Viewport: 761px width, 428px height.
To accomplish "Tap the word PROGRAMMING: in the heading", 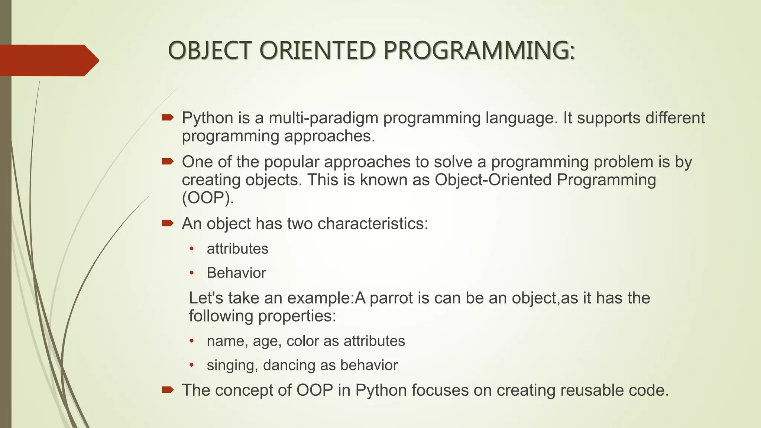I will point(479,51).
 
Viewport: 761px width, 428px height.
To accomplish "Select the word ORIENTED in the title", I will point(317,51).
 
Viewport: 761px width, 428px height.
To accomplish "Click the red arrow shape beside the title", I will point(48,60).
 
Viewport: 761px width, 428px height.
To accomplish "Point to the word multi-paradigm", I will point(323,118).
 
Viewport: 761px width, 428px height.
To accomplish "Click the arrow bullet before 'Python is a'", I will point(168,118).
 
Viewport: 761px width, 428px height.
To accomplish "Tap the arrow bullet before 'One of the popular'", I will point(168,161).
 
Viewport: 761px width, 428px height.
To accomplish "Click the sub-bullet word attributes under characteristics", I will point(237,249).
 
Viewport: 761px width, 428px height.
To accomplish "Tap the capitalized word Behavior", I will point(236,273).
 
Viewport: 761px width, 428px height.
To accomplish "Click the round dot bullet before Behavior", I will point(192,273).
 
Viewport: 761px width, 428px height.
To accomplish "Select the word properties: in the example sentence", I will point(297,316).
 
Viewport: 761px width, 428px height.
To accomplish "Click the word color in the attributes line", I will point(302,341).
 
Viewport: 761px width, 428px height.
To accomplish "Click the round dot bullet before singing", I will point(192,365).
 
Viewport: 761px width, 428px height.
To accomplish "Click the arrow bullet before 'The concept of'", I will point(168,390).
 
